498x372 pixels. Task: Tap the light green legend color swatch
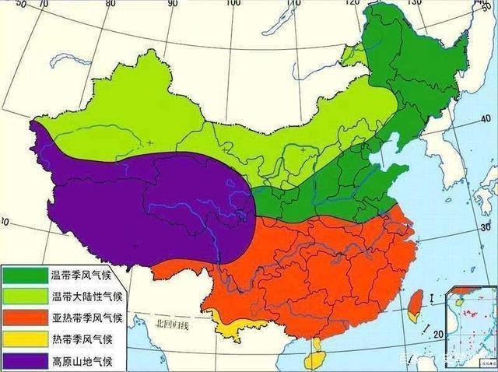tap(25, 296)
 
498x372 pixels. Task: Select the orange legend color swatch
tap(25, 318)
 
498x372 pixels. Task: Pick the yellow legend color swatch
tap(25, 339)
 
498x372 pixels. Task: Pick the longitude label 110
tap(293, 5)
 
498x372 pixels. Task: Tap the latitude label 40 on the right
tap(486, 118)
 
